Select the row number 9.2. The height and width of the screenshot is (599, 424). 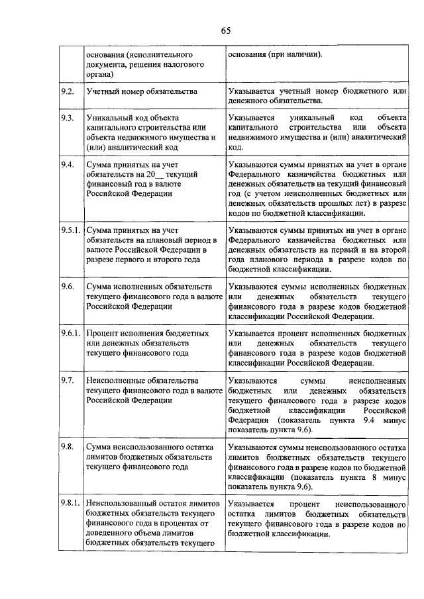66,90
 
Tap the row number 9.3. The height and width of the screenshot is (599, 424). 66,117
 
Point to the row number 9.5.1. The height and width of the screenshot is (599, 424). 70,230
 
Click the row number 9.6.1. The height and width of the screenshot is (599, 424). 70,334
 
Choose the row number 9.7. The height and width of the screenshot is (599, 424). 66,382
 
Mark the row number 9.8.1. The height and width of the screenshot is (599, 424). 70,504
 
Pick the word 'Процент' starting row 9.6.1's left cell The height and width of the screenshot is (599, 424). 104,334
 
